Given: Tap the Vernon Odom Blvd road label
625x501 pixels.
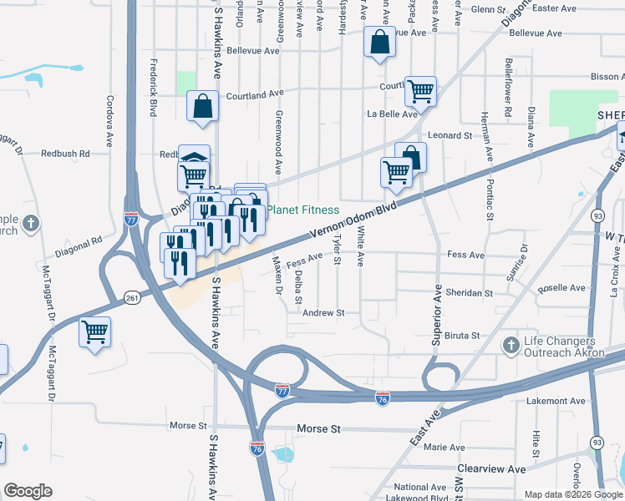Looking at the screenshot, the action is tap(352, 223).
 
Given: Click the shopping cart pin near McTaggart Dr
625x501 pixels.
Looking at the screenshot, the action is tap(94, 332).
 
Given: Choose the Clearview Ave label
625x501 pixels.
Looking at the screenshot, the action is tap(491, 469).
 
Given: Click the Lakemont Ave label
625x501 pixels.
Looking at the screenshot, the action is tap(556, 402).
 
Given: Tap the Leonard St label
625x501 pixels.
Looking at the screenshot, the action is tap(450, 135).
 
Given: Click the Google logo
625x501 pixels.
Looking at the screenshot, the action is tap(28, 491).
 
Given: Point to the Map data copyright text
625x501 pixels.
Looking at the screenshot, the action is tap(573, 494).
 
